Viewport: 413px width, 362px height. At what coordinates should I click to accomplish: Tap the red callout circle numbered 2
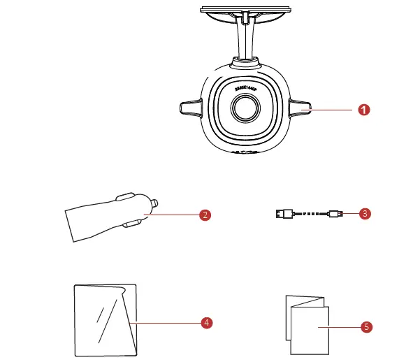pyautogui.click(x=205, y=215)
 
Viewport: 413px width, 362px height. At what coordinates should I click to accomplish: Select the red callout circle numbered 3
pyautogui.click(x=364, y=214)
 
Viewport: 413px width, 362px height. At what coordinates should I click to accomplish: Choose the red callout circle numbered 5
pyautogui.click(x=366, y=326)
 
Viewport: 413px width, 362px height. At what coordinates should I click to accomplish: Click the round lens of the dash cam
pyautogui.click(x=245, y=108)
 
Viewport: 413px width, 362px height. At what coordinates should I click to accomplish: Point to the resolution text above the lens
pyautogui.click(x=245, y=89)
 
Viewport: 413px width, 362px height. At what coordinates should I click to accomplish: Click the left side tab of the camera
pyautogui.click(x=191, y=108)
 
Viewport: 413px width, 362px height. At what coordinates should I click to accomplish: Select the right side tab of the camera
pyautogui.click(x=298, y=108)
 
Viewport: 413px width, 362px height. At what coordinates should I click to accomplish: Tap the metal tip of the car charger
pyautogui.click(x=154, y=204)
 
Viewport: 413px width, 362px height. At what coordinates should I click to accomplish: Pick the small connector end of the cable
pyautogui.click(x=335, y=214)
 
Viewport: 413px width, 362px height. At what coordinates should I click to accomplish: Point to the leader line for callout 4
pyautogui.click(x=168, y=322)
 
